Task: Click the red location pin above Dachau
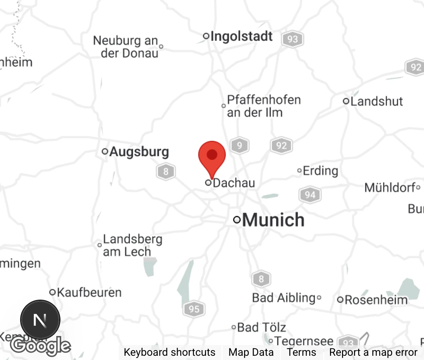point(212,156)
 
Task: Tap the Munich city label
point(273,220)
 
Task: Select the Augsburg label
point(139,152)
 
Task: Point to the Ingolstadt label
point(241,36)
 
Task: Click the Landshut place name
point(376,102)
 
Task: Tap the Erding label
point(320,171)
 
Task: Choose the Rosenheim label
point(376,300)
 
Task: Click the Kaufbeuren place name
point(89,293)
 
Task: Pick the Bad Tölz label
point(261,328)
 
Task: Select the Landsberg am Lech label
point(132,245)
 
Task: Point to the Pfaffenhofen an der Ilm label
point(263,106)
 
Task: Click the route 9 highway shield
point(240,145)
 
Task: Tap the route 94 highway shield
point(310,195)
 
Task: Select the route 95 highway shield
point(194,309)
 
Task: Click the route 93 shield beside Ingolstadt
point(293,39)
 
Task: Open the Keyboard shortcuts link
point(169,352)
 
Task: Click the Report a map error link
point(373,352)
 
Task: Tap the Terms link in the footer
point(301,352)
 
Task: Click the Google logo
point(40,345)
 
